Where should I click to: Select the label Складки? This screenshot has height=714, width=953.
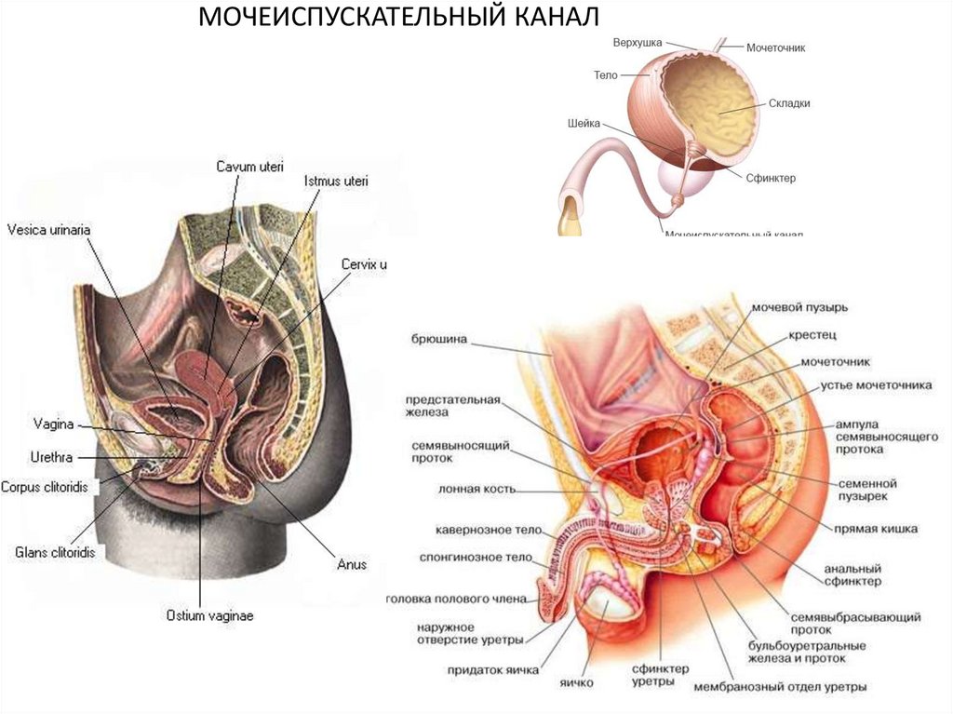pos(790,103)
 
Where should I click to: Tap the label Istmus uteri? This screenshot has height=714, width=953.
pos(336,181)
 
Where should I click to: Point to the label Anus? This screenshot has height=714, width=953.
pos(352,564)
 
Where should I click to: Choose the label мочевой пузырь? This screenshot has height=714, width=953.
pos(799,306)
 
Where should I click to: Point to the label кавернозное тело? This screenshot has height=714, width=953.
pos(476,530)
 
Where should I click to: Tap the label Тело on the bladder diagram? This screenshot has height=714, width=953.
pos(606,74)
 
